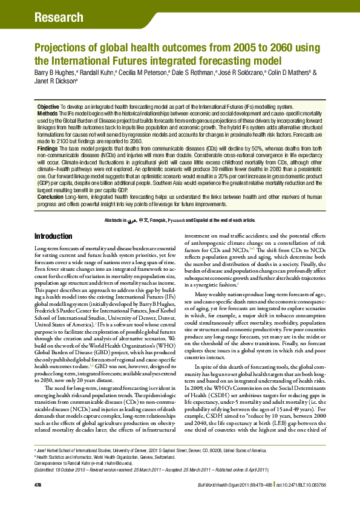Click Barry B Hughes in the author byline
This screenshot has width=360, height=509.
pos(53,71)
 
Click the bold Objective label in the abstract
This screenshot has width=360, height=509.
pos(48,106)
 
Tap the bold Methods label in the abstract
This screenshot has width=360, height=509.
pos(47,112)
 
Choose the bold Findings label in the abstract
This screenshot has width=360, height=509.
pos(48,148)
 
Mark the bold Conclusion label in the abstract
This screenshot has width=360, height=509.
pos(50,196)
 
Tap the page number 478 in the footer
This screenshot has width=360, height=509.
pos(38,502)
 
